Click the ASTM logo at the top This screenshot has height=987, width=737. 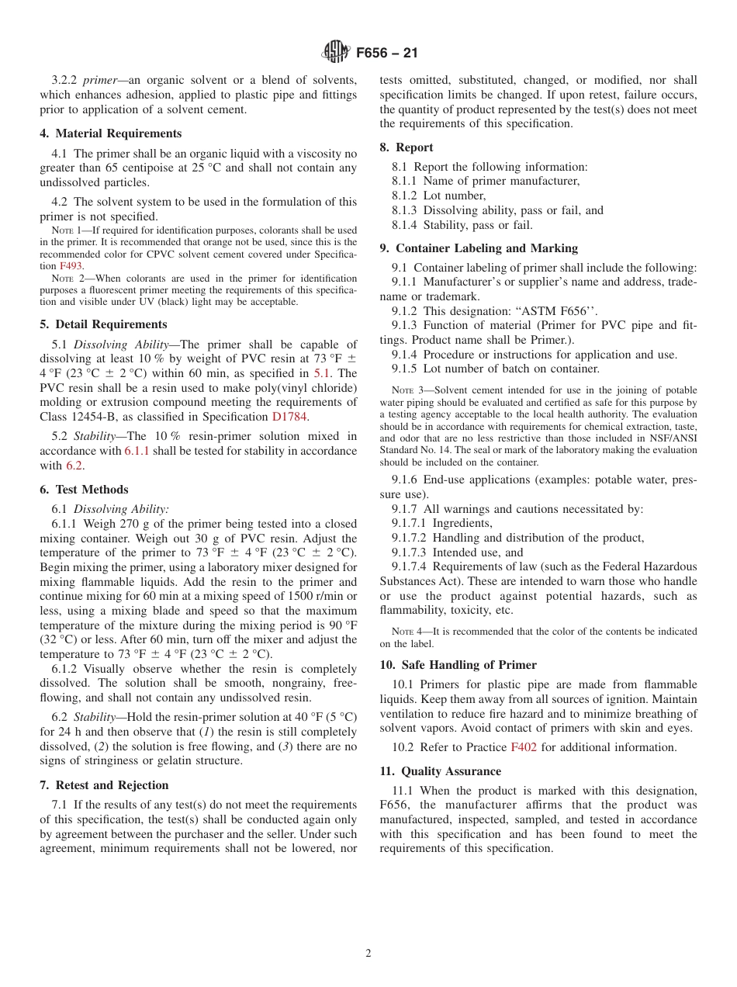336,53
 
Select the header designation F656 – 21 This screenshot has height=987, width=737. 386,54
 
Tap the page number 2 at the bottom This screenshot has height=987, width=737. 368,954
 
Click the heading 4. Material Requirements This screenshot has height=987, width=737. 111,133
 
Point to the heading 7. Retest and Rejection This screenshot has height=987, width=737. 104,785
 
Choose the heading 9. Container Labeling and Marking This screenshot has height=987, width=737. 479,248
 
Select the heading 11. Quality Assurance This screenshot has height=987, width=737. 440,771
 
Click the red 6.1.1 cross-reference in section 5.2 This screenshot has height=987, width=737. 137,451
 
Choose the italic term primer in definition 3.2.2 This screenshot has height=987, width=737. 101,80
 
